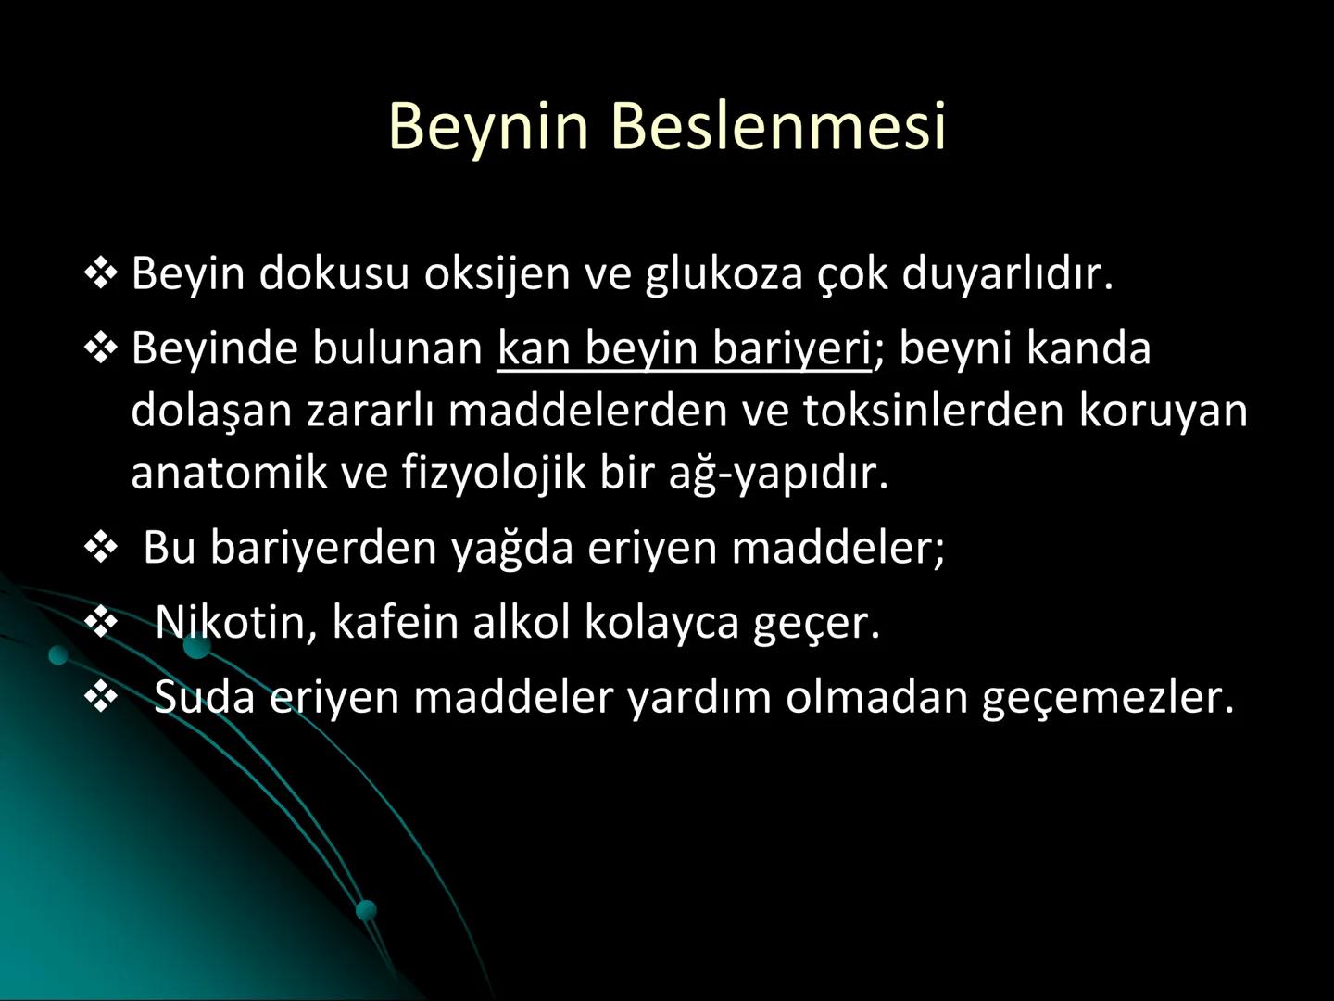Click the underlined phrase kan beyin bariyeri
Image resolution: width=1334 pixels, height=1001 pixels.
tap(685, 349)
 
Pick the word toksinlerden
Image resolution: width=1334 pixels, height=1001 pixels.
tap(934, 411)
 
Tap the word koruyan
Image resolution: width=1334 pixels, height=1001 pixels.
tap(1163, 411)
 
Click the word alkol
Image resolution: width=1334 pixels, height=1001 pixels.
tap(521, 622)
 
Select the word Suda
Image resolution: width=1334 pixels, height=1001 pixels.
tap(204, 697)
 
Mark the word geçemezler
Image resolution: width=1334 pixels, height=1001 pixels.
tap(1108, 697)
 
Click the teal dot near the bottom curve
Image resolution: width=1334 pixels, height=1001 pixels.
tap(367, 909)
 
